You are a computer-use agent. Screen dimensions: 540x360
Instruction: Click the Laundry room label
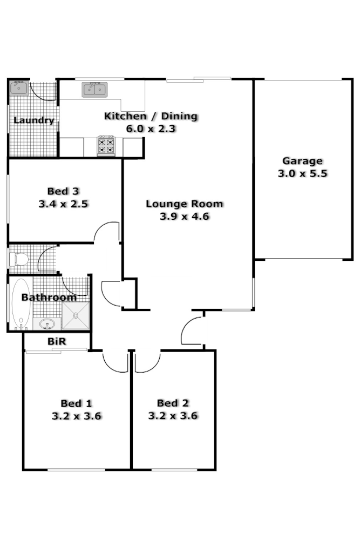click(x=33, y=120)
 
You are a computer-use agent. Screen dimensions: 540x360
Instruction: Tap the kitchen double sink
click(x=95, y=89)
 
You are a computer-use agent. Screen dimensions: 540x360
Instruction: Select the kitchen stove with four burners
click(x=106, y=145)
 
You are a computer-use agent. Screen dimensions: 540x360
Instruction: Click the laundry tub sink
click(x=19, y=87)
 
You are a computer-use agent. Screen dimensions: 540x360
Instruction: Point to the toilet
click(x=20, y=259)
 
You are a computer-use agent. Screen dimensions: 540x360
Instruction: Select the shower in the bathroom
click(x=74, y=316)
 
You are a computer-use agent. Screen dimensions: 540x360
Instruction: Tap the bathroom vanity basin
click(x=46, y=324)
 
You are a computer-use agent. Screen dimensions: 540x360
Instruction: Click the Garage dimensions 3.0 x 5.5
click(x=302, y=174)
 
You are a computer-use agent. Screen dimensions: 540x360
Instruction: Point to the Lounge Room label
click(x=184, y=204)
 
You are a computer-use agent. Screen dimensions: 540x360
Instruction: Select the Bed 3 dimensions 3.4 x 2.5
click(x=63, y=204)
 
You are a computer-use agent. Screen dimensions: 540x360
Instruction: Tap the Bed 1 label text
click(x=76, y=403)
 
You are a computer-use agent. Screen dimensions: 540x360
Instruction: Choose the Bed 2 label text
click(x=173, y=403)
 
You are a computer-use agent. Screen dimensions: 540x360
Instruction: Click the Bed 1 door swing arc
click(x=114, y=364)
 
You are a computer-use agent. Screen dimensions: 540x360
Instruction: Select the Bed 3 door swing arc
click(x=107, y=231)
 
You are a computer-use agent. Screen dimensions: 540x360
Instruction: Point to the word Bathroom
click(x=49, y=298)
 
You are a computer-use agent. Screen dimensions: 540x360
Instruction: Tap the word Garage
click(x=302, y=161)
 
